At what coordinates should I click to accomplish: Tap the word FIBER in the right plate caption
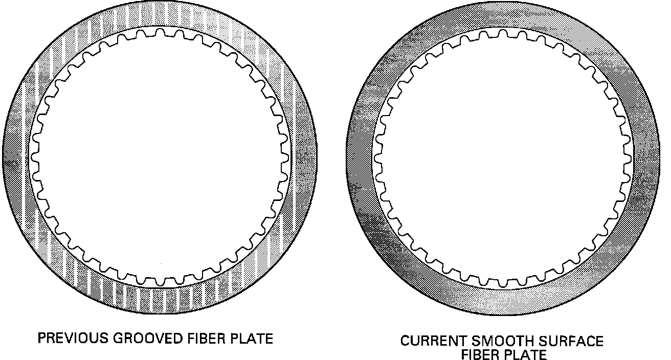point(480,354)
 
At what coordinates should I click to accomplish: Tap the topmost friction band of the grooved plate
point(160,14)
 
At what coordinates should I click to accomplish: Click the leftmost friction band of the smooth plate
point(360,159)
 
